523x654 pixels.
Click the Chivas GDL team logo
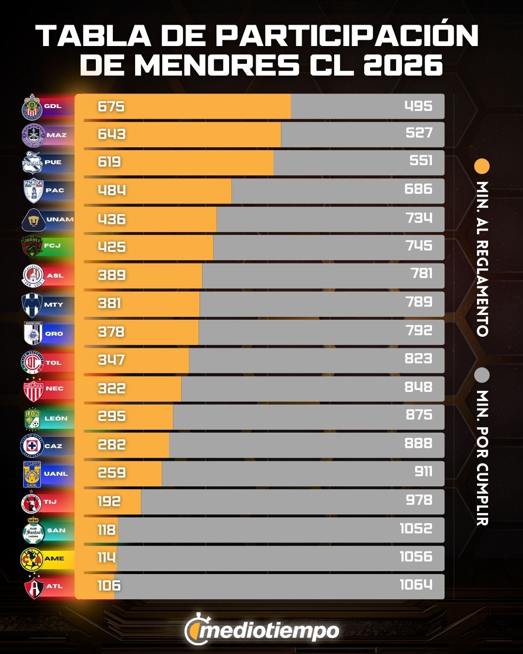click(x=32, y=107)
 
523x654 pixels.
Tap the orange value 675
click(x=111, y=106)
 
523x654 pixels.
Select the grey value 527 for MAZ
click(x=419, y=133)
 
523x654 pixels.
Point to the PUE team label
click(x=53, y=162)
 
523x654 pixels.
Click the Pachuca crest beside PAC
click(x=33, y=190)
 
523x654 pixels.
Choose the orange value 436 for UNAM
click(x=111, y=219)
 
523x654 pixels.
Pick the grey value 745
click(x=419, y=246)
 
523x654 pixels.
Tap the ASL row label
click(x=55, y=276)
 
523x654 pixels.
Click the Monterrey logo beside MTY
click(x=32, y=304)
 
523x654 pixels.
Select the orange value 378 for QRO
click(x=111, y=332)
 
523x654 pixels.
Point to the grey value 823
click(x=418, y=358)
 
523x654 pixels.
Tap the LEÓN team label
click(x=56, y=418)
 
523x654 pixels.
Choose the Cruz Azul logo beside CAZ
click(x=32, y=446)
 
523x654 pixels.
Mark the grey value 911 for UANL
click(x=423, y=471)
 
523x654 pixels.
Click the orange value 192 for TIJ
click(x=108, y=501)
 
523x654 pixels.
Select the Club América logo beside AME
click(x=32, y=559)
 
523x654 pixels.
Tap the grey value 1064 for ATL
click(x=415, y=585)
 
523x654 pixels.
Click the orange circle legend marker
click(x=482, y=166)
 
